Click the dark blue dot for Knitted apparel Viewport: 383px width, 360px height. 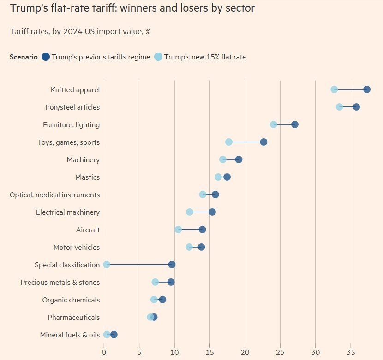point(367,89)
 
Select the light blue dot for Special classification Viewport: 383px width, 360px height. point(107,265)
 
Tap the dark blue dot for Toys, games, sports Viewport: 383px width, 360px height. point(263,142)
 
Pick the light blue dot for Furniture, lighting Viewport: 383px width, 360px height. point(274,124)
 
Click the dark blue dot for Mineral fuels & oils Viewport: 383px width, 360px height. point(114,335)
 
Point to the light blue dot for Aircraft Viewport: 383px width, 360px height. point(178,230)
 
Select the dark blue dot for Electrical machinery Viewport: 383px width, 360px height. point(212,212)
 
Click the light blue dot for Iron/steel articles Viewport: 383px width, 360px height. point(340,107)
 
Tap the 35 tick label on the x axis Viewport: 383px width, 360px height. point(351,352)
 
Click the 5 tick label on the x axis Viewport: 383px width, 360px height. point(139,352)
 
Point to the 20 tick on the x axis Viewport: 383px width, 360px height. point(245,352)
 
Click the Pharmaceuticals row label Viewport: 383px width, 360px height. point(73,318)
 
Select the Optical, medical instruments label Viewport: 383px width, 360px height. point(54,195)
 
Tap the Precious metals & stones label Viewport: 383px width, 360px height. point(60,283)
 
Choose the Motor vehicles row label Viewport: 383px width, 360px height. point(77,248)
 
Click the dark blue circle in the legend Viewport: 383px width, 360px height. point(46,57)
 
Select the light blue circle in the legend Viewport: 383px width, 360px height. point(158,57)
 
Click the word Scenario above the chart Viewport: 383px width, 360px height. point(24,57)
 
